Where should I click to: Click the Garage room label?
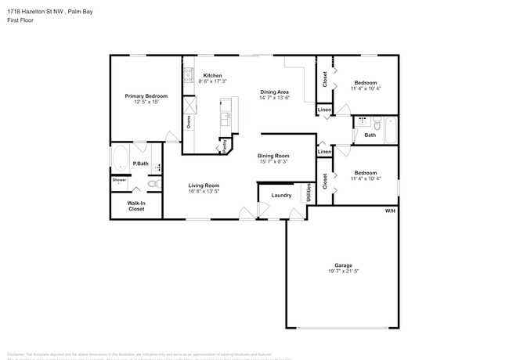tap(345, 265)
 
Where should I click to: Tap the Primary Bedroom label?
tap(146, 95)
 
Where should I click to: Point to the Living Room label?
tap(204, 185)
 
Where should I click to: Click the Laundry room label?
tap(281, 195)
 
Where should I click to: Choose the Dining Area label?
tap(275, 92)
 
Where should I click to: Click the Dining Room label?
tap(274, 155)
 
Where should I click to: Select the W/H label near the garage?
tap(390, 211)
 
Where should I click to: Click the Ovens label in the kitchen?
tap(188, 122)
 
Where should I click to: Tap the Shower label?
tap(119, 180)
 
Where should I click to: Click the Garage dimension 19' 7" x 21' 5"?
tap(345, 272)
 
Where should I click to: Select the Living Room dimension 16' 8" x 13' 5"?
tap(204, 191)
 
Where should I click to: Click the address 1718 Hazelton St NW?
tap(36, 10)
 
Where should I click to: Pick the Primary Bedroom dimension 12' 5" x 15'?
tap(146, 102)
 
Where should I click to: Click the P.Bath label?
tap(141, 163)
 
